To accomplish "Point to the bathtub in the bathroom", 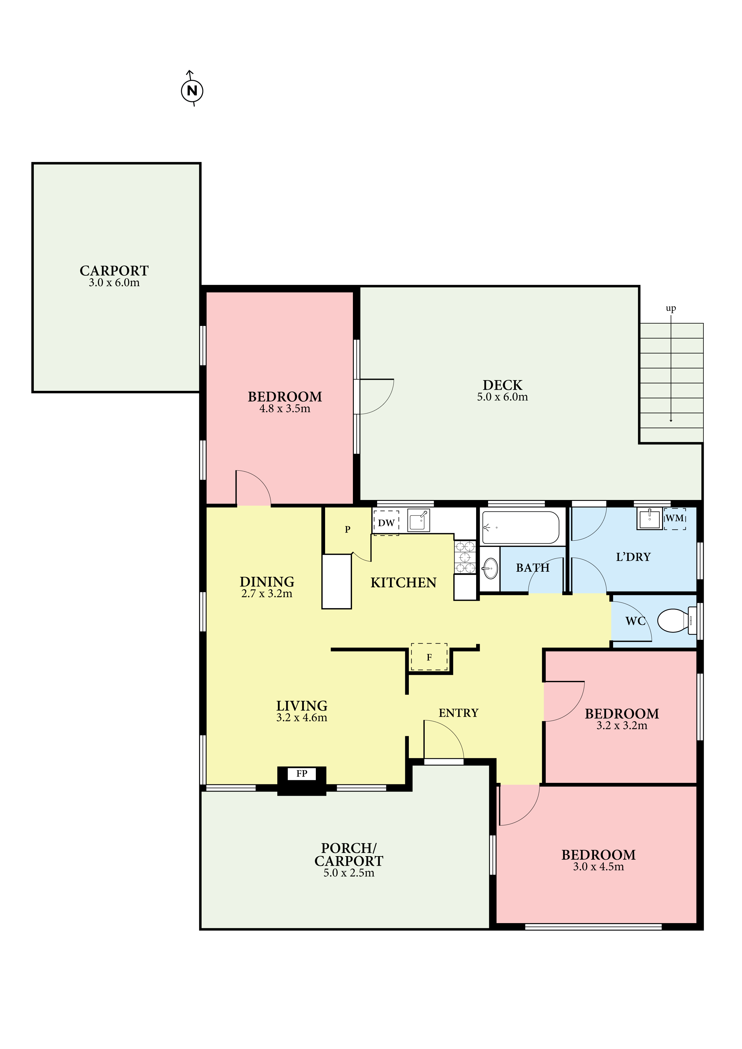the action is (x=521, y=528).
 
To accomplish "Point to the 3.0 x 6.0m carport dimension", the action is (x=114, y=283).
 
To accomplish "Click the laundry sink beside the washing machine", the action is (x=650, y=518).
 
